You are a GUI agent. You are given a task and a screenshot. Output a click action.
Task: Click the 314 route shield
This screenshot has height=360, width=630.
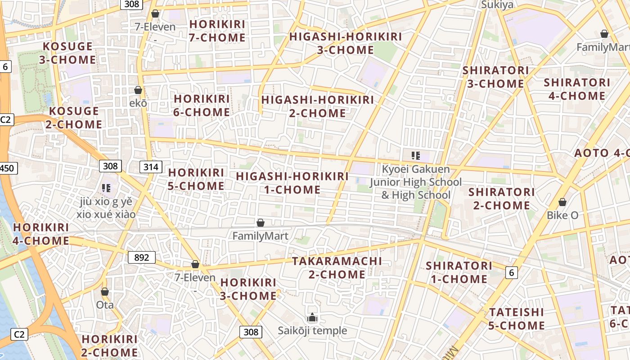tap(151, 167)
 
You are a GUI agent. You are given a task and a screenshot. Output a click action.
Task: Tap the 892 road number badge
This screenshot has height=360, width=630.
tap(141, 257)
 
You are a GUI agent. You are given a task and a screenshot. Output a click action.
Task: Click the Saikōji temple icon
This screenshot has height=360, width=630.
tap(312, 318)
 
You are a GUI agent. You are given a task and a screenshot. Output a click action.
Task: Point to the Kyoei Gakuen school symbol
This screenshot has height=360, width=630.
tap(415, 156)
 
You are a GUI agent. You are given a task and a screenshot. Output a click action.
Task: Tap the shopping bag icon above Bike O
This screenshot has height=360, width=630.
tap(562, 202)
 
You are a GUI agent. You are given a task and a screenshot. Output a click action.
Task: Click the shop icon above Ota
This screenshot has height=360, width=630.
tap(105, 292)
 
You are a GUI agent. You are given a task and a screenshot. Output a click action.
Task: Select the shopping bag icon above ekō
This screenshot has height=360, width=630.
tap(138, 90)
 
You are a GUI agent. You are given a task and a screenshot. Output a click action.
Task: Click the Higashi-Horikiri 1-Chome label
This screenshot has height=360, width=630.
tap(292, 183)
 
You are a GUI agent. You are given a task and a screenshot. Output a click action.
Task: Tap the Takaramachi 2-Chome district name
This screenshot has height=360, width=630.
tap(337, 267)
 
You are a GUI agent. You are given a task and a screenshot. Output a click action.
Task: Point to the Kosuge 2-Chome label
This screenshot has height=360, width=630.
tap(74, 117)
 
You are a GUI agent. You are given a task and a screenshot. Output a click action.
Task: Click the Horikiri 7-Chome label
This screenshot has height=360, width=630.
tap(217, 31)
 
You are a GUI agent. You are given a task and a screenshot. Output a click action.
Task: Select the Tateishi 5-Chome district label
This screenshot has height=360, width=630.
tap(516, 319)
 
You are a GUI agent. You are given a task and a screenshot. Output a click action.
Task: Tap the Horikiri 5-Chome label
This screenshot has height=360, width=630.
tap(196, 179)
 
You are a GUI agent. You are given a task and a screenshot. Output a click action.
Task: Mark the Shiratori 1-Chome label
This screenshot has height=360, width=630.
tap(459, 272)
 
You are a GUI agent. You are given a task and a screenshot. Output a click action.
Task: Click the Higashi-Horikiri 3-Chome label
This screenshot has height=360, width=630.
tap(346, 43)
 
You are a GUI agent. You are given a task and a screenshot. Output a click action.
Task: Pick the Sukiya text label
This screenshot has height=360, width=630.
tap(497, 5)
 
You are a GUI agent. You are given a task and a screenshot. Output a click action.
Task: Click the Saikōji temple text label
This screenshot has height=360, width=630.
tap(312, 331)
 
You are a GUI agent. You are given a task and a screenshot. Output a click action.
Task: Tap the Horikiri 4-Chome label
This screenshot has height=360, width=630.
tap(40, 234)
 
